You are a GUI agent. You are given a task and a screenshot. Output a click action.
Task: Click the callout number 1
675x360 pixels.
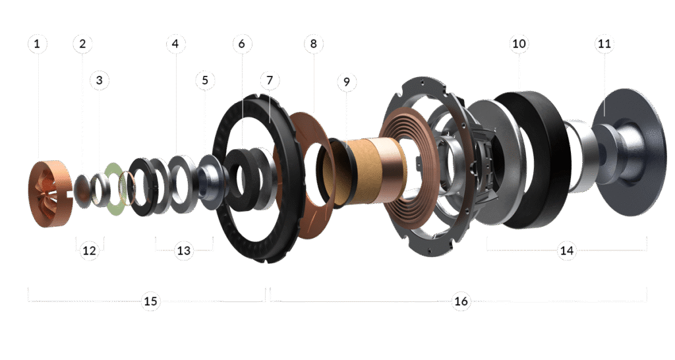pyautogui.click(x=37, y=44)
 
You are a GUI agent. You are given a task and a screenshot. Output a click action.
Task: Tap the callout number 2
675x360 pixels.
pyautogui.click(x=82, y=44)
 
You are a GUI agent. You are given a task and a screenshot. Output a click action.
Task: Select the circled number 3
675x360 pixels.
pyautogui.click(x=100, y=80)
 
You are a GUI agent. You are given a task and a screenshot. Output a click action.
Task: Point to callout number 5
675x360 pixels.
pyautogui.click(x=205, y=80)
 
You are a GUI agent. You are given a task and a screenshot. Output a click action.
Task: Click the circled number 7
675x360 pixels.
pyautogui.click(x=270, y=80)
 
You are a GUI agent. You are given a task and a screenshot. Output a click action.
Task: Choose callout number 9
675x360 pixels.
pyautogui.click(x=347, y=81)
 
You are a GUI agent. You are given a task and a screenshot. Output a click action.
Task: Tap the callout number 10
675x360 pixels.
pyautogui.click(x=519, y=44)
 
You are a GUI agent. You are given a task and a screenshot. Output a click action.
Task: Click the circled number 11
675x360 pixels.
pyautogui.click(x=604, y=44)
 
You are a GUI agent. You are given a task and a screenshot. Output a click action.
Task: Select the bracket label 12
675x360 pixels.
pyautogui.click(x=90, y=250)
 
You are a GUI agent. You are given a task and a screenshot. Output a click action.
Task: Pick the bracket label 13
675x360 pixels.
pyautogui.click(x=184, y=250)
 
